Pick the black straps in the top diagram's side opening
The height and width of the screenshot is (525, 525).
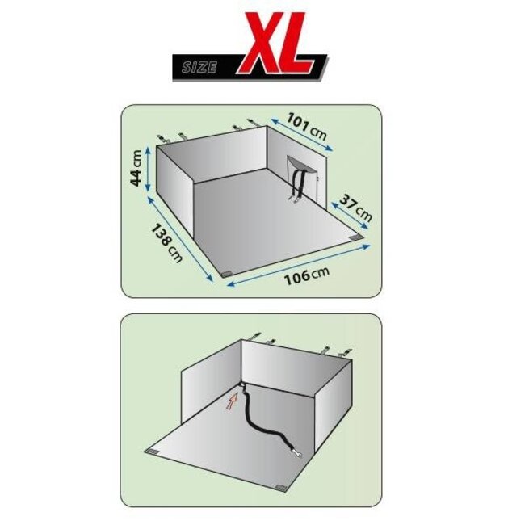click(298, 182)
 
